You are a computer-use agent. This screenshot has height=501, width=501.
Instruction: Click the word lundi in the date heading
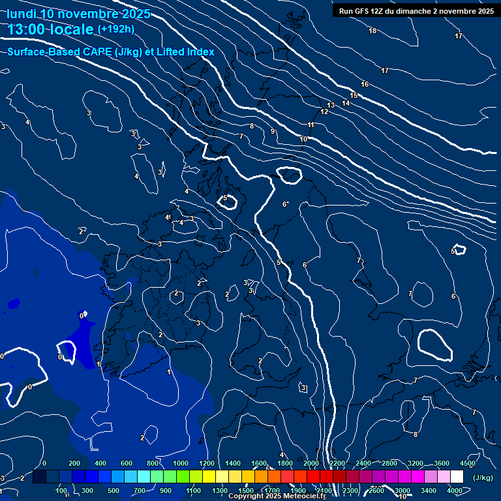[x=20, y=14]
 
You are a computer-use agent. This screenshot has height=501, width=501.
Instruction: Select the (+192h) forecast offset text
[x=115, y=29]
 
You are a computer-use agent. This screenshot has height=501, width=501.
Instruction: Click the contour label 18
[x=372, y=31]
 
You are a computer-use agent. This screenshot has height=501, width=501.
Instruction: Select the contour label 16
[x=365, y=84]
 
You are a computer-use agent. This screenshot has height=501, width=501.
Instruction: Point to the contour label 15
[x=354, y=95]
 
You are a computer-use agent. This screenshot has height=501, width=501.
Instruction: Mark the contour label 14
[x=346, y=103]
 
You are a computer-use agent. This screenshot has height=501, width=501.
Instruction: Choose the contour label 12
[x=324, y=112]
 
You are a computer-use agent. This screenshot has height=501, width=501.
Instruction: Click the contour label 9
[x=273, y=132]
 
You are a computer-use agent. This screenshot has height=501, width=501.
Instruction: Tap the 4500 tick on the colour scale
[x=468, y=463]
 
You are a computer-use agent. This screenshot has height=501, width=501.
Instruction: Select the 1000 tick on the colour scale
[x=181, y=463]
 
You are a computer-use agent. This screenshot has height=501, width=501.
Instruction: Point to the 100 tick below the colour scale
[x=62, y=491]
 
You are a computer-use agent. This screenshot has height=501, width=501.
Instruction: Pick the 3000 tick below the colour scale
[x=402, y=491]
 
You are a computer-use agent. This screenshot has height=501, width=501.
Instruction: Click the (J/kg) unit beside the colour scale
[x=483, y=478]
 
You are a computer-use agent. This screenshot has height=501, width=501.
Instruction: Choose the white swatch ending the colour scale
[x=457, y=477]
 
